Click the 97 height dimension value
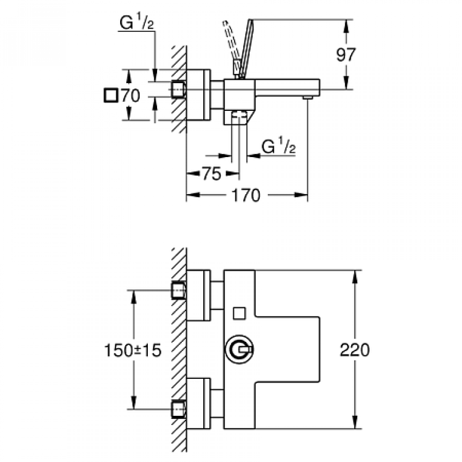click(345, 55)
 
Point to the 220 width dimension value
click(355, 351)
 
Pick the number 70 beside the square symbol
click(130, 96)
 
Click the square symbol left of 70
click(111, 96)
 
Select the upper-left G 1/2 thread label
click(136, 24)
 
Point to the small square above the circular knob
click(239, 313)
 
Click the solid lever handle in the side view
click(243, 46)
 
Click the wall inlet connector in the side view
click(178, 89)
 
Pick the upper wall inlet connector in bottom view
click(178, 291)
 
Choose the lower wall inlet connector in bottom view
click(178, 409)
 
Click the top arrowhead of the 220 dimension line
click(355, 275)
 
